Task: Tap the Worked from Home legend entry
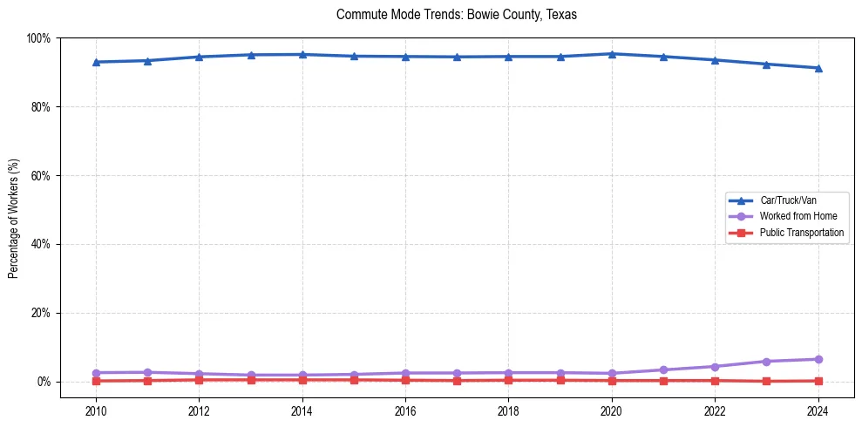pos(798,216)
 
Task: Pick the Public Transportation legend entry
pos(801,233)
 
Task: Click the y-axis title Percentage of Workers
pos(14,218)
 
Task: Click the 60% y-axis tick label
pos(40,176)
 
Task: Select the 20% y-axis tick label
pos(40,313)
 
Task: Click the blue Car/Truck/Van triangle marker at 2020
pos(612,54)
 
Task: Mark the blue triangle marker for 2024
pos(818,68)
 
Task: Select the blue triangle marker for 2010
pos(96,62)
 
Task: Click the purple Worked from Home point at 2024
pos(818,359)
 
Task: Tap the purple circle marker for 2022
pos(715,367)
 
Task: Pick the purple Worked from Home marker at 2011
pos(147,372)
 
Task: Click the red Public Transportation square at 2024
pos(818,381)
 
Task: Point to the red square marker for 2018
pos(509,380)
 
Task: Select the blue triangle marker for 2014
pos(302,54)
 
